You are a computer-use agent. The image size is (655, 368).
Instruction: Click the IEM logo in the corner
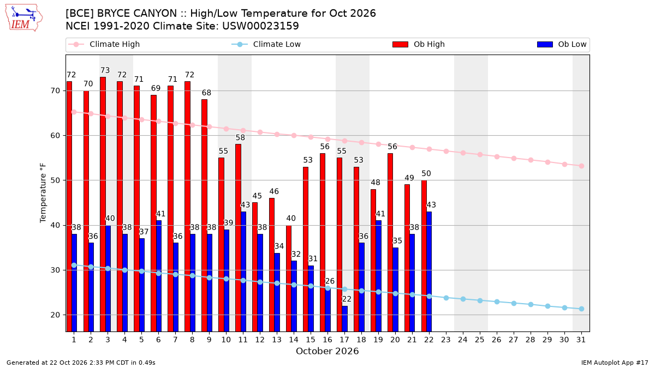click(24, 18)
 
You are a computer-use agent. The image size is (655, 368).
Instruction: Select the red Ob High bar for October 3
click(103, 204)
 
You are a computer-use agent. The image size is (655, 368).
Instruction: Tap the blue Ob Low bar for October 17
click(345, 318)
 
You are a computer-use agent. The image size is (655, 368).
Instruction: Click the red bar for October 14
click(289, 279)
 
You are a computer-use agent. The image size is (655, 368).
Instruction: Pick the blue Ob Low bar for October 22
click(429, 272)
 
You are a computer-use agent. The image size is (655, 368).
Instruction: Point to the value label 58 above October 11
click(240, 137)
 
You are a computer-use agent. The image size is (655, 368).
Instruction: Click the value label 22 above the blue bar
click(347, 299)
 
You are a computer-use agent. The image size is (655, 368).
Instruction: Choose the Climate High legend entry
click(104, 44)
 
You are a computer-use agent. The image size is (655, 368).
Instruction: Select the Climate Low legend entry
click(266, 44)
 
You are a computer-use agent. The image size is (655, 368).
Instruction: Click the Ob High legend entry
click(419, 44)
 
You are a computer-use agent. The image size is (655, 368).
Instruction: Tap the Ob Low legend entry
click(562, 44)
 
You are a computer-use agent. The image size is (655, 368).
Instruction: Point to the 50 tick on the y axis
click(55, 180)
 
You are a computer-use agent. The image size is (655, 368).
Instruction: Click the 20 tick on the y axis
click(55, 315)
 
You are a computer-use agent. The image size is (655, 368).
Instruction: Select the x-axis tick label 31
click(581, 340)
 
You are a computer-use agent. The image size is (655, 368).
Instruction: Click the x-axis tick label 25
click(480, 340)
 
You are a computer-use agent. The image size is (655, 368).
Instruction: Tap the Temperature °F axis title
click(43, 193)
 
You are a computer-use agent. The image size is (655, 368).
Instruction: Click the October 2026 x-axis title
click(327, 351)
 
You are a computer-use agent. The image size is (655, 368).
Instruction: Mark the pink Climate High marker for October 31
click(581, 166)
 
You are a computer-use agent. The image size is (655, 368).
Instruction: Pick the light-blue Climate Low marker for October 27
click(514, 304)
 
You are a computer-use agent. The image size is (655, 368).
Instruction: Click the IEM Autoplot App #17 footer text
click(615, 363)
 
